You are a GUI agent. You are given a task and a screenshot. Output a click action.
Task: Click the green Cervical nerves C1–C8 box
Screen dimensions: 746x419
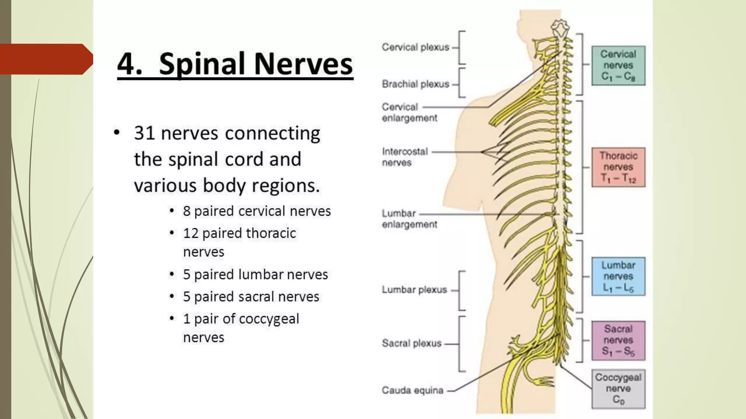[618, 65]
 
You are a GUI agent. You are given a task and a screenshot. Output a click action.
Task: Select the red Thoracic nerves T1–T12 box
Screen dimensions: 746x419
[618, 167]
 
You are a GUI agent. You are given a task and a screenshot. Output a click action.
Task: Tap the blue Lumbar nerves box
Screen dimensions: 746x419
[618, 276]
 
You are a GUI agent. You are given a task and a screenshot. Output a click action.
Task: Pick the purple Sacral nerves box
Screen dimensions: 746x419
[618, 340]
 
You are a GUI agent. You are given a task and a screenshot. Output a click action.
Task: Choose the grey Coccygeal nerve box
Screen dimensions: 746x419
[618, 389]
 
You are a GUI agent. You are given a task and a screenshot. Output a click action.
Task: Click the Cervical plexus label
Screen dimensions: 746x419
[415, 47]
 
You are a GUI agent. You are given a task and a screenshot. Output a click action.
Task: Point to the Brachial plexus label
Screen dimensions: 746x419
[415, 84]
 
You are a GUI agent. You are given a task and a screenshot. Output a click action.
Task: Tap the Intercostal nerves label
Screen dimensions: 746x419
[404, 157]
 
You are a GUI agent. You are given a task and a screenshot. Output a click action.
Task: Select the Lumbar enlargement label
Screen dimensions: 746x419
[409, 219]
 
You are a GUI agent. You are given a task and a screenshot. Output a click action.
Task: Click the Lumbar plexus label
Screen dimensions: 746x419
[414, 290]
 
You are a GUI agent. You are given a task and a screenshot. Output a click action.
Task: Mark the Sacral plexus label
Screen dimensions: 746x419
[411, 343]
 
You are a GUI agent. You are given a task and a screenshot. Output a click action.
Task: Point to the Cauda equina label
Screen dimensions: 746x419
[412, 391]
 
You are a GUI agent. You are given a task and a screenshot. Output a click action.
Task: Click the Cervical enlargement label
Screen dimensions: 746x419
[409, 112]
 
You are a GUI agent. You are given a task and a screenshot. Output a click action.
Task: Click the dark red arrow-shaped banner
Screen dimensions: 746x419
[46, 59]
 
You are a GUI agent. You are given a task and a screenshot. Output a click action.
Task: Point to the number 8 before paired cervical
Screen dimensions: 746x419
[186, 211]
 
